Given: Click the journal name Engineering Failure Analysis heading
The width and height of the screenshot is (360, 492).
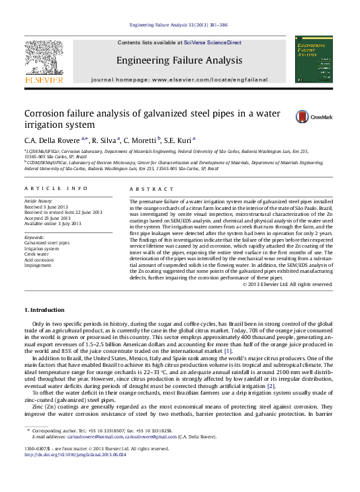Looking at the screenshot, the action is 179,60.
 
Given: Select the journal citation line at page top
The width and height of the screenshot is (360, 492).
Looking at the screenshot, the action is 179,25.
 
